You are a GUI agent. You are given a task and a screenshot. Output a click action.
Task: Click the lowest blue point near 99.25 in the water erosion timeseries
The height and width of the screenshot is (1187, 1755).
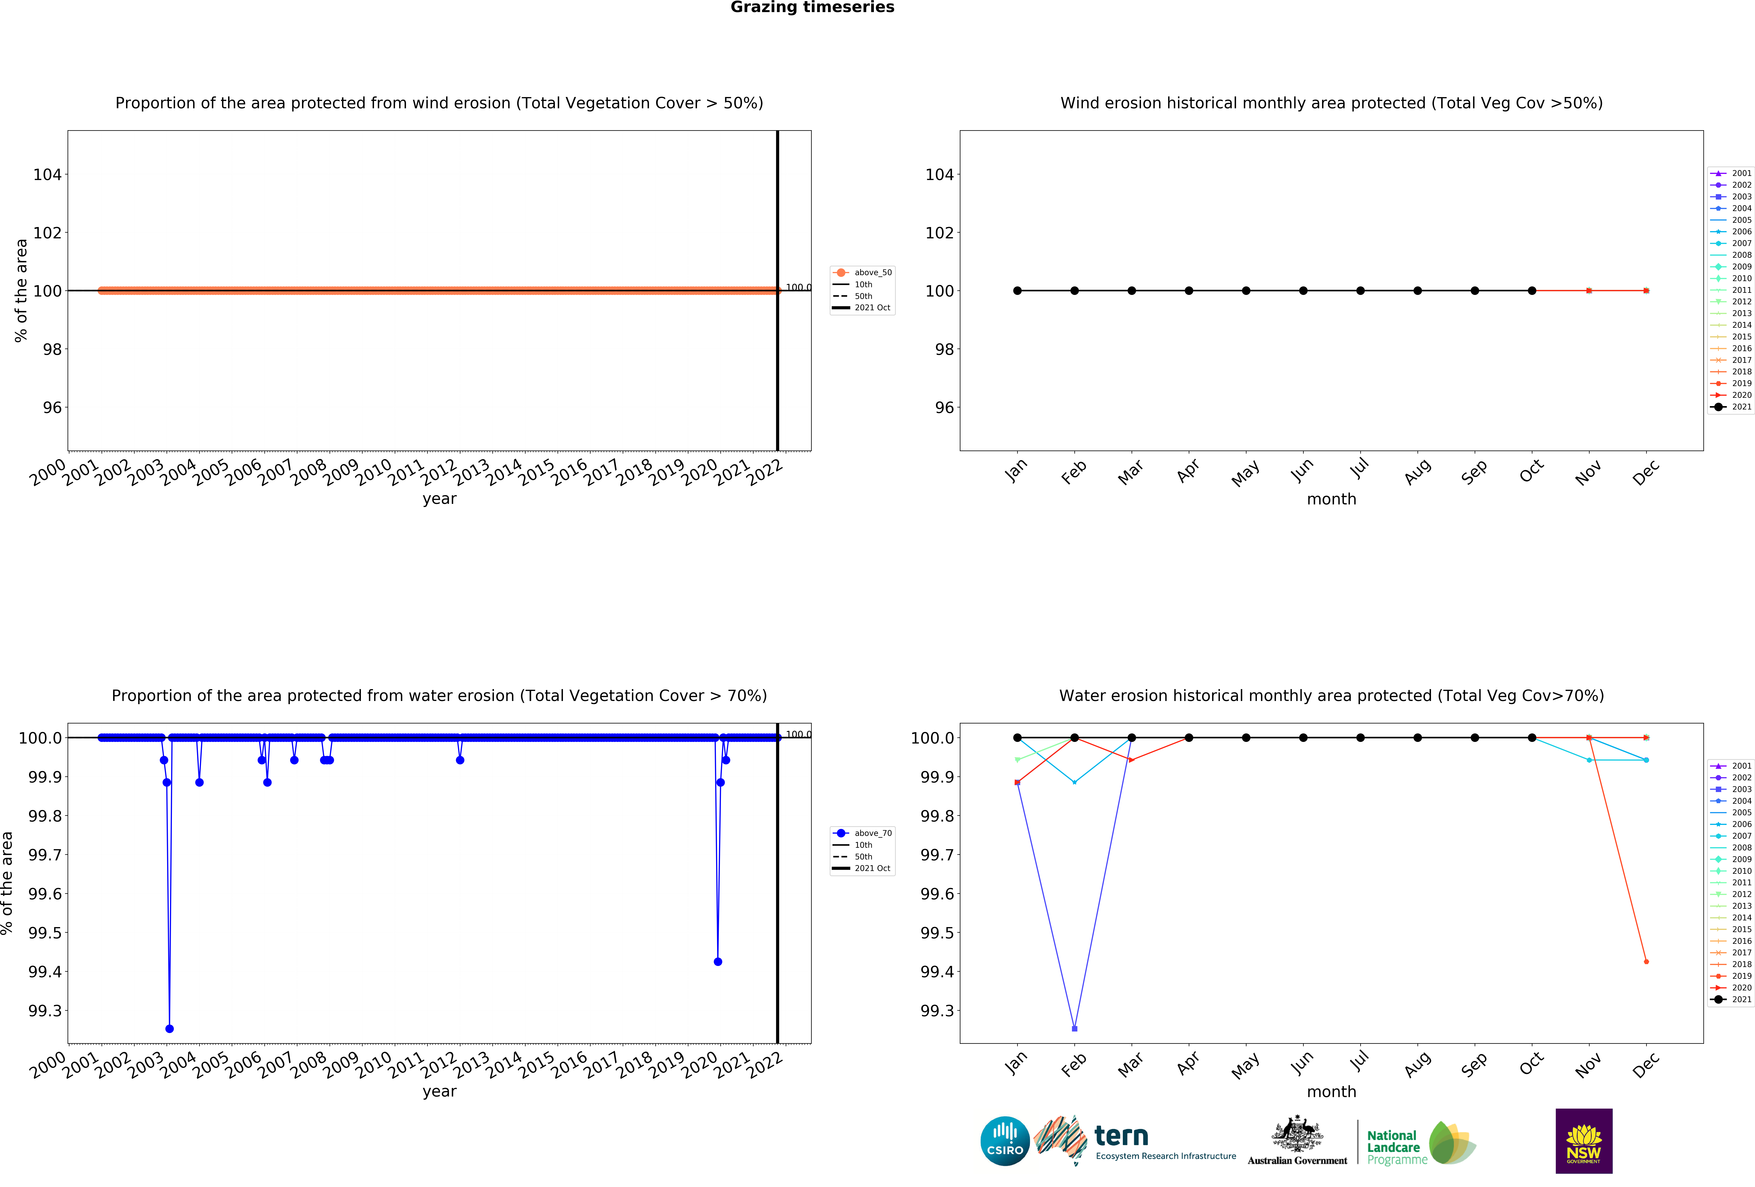pos(169,1028)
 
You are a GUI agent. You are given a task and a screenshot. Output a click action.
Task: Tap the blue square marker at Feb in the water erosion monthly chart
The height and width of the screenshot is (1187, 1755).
pos(1075,1028)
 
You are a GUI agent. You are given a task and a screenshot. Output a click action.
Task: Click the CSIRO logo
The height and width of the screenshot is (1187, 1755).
pos(1004,1141)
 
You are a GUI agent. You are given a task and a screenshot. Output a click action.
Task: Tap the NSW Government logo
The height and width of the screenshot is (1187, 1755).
pos(1584,1141)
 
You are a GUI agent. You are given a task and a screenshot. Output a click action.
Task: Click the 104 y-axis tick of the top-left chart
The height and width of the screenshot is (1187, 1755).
pos(48,174)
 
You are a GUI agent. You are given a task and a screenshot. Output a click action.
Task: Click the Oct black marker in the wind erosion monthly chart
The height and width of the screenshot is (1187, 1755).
pos(1531,291)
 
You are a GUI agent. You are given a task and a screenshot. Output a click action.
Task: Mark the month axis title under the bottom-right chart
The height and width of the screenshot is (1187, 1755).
pos(1331,1092)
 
